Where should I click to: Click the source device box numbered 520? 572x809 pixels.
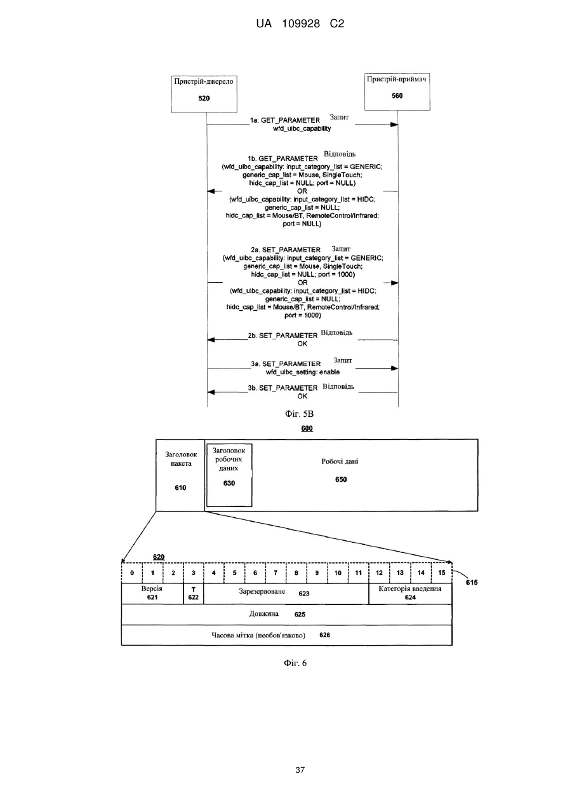point(204,94)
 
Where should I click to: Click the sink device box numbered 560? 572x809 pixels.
point(397,92)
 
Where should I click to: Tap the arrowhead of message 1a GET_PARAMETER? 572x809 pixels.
point(394,125)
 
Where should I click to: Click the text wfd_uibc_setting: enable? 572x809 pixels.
point(302,372)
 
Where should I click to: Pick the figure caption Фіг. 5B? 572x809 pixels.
point(299,414)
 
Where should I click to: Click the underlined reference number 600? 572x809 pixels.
point(307,428)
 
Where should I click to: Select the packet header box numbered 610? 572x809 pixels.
point(180,475)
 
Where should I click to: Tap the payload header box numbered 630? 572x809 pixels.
point(229,475)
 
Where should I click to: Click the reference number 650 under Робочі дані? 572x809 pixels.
point(341,480)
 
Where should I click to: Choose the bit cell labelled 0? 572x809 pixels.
point(132,573)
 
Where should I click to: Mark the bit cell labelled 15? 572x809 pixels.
point(442,573)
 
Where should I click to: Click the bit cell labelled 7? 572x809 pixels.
point(276,573)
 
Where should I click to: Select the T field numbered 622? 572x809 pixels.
point(194,594)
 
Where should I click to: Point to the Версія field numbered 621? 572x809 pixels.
point(152,594)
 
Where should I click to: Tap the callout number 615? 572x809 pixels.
point(471,582)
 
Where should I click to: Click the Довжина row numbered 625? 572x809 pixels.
point(286,615)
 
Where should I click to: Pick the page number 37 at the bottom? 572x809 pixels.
point(300,770)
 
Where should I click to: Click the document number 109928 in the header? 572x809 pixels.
point(301,24)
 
